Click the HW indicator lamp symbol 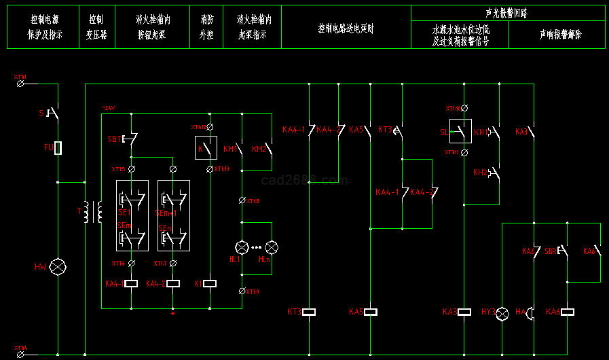pos(58,266)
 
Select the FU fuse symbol pos(58,147)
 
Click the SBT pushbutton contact pos(130,139)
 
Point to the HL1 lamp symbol pos(242,247)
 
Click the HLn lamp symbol pos(272,247)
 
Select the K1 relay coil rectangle pos(210,283)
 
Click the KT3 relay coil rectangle pos(310,312)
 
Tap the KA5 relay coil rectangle pos(371,312)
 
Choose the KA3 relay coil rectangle pos(464,312)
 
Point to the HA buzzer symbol pos(532,312)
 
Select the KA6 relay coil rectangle pos(568,312)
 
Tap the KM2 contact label pos(259,149)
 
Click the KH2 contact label pos(481,173)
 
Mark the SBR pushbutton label pos(551,251)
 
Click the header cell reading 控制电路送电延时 pos(346,29)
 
